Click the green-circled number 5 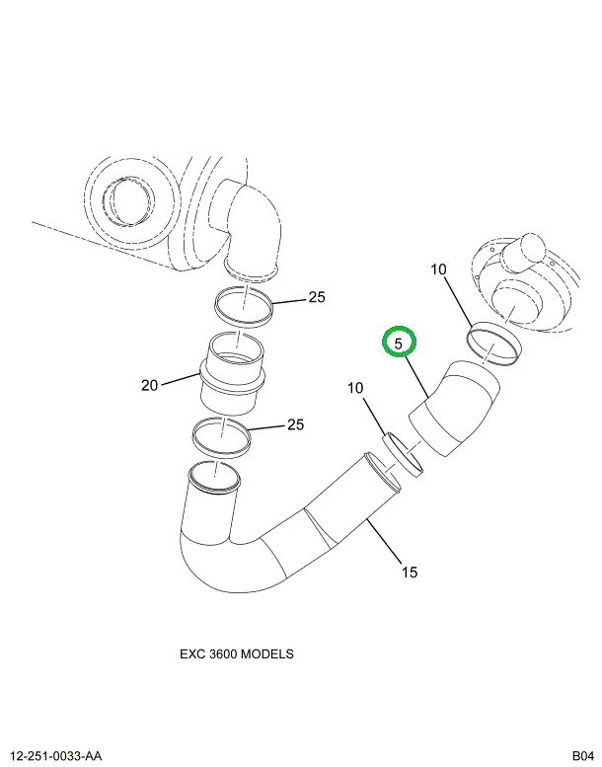pos(400,343)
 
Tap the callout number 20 pos(149,385)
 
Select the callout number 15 pos(410,572)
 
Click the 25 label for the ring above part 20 pos(316,297)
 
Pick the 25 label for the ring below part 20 pos(295,425)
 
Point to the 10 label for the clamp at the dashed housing pos(439,269)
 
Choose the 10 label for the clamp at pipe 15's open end pos(355,389)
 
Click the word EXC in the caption pos(192,653)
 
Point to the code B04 pos(580,756)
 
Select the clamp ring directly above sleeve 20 pos(243,306)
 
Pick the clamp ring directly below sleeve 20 pos(222,434)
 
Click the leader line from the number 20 pos(181,379)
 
